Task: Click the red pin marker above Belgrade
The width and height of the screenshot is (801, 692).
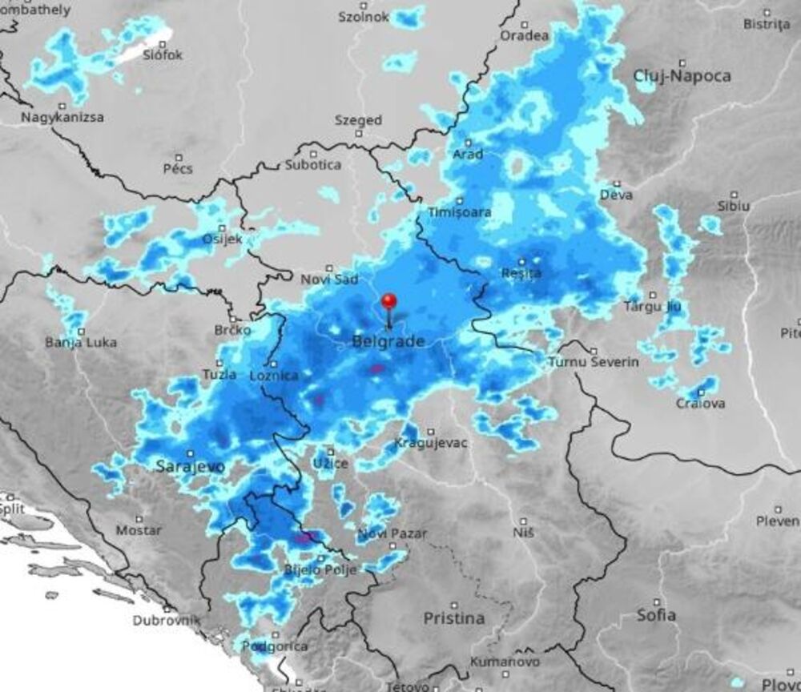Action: click(389, 302)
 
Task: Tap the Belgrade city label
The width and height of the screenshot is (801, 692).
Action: click(388, 342)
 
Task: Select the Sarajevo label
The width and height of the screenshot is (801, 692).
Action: click(191, 465)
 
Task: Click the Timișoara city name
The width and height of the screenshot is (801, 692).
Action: click(460, 213)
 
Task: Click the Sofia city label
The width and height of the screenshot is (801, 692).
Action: click(656, 615)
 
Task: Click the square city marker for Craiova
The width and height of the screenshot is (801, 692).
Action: click(701, 392)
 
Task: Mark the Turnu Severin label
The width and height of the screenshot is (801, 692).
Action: click(594, 362)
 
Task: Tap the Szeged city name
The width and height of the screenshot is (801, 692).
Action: click(358, 120)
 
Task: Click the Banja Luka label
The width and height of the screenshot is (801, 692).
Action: click(81, 343)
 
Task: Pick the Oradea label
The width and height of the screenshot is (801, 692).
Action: click(525, 35)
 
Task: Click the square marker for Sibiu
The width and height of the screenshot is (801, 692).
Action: click(734, 194)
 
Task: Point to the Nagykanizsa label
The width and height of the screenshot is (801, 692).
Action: click(62, 117)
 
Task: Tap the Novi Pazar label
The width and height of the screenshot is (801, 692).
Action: click(392, 533)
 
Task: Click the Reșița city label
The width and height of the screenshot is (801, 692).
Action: click(521, 273)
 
